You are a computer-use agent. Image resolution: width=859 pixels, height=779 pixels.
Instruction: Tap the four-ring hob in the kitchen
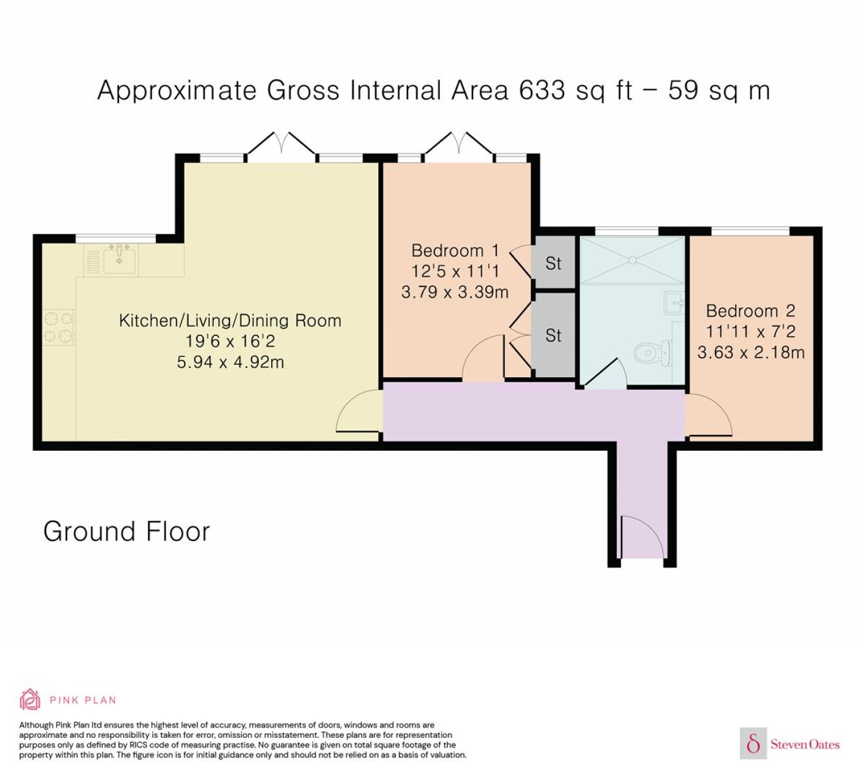pos(59,328)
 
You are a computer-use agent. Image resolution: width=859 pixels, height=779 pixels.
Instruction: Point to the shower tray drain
pos(633,260)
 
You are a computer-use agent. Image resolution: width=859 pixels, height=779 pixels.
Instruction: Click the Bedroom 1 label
pos(455,251)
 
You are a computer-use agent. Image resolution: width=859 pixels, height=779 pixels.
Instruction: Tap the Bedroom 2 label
pos(750,311)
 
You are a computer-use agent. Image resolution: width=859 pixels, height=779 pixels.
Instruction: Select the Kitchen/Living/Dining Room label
pos(230,321)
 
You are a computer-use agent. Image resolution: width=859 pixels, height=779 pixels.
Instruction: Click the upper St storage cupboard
pos(553,262)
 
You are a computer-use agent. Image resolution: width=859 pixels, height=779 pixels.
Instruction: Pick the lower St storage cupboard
pos(553,336)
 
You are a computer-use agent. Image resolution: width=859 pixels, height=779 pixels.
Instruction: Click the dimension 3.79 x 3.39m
pos(455,292)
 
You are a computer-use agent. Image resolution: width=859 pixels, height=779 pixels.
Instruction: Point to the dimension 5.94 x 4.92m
pos(230,363)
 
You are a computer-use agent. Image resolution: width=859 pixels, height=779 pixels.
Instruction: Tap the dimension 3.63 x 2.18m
pos(751,353)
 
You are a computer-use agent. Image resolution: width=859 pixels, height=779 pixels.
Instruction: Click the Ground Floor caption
pos(127,531)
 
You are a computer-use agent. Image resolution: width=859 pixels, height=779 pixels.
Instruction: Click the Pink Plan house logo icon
pos(30,700)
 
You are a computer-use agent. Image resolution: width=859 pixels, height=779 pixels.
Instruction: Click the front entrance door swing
pos(642,537)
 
